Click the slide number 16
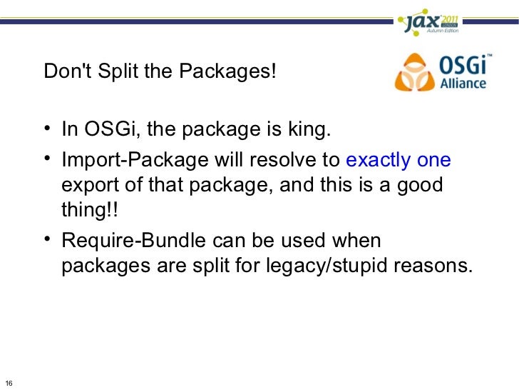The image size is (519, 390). pos(8,381)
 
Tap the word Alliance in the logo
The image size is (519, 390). pos(463,82)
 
